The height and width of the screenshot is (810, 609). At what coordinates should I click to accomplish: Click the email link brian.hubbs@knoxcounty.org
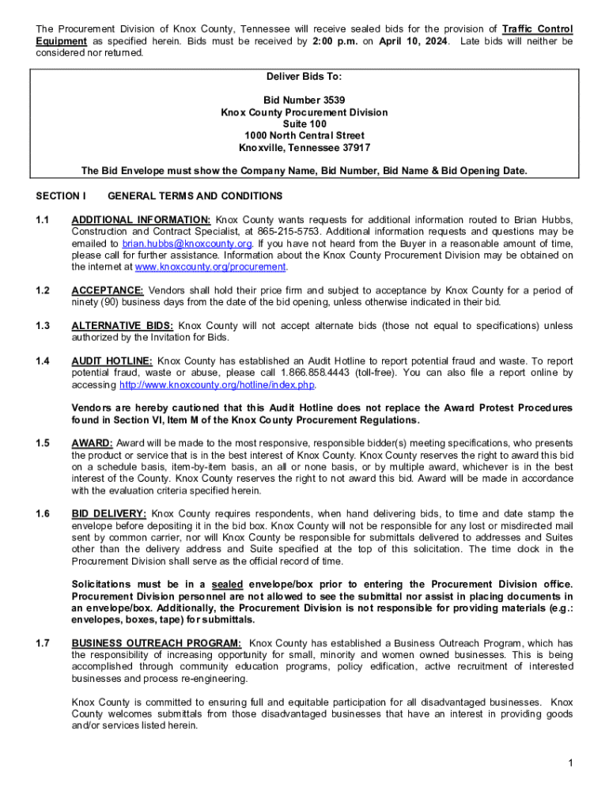(187, 244)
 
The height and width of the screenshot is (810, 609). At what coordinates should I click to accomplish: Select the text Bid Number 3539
(304, 100)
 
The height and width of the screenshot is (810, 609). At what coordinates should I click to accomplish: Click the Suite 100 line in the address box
(304, 124)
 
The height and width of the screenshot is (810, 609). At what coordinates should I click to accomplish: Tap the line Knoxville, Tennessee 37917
(304, 148)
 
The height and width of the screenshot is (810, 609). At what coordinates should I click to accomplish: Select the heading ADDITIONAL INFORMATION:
(141, 219)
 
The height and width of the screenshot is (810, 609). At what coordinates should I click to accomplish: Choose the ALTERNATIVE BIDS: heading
(122, 326)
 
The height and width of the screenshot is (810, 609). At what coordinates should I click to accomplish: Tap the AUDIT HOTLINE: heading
(112, 361)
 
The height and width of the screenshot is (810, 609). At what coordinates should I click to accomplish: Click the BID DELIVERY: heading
(108, 514)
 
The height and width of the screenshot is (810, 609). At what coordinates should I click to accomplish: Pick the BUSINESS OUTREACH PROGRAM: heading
(157, 643)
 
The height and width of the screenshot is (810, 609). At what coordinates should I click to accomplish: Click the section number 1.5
(43, 443)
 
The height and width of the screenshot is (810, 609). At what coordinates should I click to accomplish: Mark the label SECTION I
(60, 195)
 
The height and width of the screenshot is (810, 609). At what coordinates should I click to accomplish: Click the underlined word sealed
(227, 585)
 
